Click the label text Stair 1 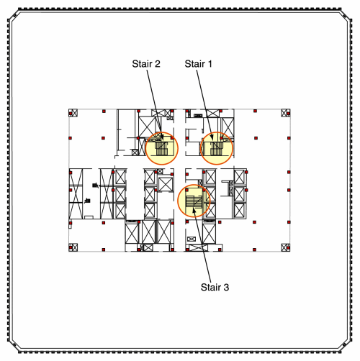198,64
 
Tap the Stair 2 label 146,64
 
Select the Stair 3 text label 215,287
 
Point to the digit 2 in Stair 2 157,64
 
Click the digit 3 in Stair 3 226,287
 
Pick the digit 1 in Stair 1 210,64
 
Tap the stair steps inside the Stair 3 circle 194,201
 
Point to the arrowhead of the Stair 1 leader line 212,137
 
